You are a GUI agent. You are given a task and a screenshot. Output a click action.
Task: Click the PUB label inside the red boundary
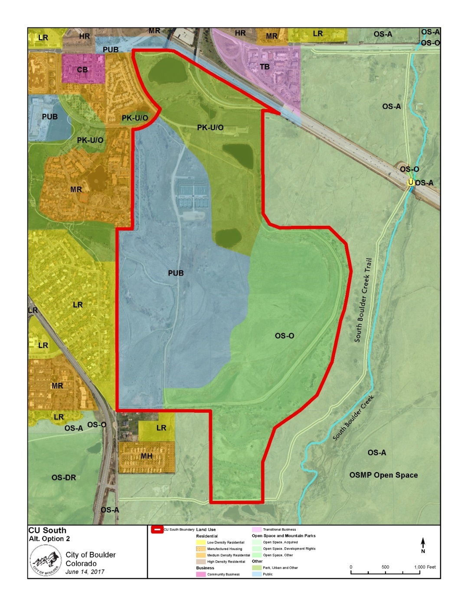coord(176,273)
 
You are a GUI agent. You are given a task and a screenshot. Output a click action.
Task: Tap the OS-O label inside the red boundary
coord(285,336)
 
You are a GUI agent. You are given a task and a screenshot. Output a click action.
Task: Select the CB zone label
coord(82,69)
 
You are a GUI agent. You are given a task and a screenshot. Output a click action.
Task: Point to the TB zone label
coord(265,66)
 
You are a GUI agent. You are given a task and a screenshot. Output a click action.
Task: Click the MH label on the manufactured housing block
coord(147,456)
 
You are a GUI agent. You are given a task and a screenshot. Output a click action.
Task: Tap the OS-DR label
coord(64,478)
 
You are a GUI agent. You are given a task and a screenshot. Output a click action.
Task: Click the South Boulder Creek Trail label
coord(363,300)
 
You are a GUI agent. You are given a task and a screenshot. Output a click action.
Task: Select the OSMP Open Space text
coord(383,475)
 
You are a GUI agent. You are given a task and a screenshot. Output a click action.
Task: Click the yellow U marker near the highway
coord(410,183)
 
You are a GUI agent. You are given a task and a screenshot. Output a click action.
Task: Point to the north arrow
coord(423,544)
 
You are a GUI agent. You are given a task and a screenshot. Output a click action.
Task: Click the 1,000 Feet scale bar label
coord(425,567)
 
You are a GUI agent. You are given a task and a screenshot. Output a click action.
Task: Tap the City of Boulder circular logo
coord(45,560)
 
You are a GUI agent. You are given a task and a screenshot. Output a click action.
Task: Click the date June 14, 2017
coord(85,572)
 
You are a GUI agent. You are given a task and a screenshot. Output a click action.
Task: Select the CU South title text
coord(47,530)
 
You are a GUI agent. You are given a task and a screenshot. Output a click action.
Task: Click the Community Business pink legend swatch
coord(201,574)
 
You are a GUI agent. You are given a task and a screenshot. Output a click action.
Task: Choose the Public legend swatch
coord(257,574)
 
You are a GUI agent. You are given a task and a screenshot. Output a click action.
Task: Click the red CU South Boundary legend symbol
coord(157,530)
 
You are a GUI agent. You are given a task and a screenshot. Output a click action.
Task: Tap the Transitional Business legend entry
coord(279,530)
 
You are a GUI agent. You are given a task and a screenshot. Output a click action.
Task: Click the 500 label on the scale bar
coord(385,567)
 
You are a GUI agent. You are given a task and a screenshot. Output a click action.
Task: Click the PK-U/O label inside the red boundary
coord(210,127)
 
